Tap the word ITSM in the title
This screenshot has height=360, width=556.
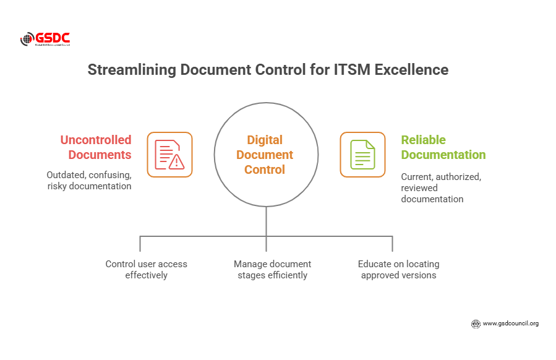(x=341, y=70)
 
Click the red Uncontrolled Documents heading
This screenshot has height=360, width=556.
(x=96, y=147)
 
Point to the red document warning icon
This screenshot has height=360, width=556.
(x=169, y=155)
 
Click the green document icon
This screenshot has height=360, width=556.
(x=362, y=155)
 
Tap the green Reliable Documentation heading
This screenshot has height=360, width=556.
(x=443, y=147)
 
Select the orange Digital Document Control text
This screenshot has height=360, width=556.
(x=265, y=155)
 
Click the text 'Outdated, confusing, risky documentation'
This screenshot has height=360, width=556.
(x=89, y=180)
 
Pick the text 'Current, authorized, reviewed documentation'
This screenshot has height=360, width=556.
(x=440, y=187)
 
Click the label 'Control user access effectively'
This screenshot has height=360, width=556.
(x=147, y=269)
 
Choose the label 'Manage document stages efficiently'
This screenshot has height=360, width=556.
(x=272, y=269)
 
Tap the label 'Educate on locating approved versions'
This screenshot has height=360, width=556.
(x=398, y=269)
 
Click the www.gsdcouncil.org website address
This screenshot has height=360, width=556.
(x=510, y=323)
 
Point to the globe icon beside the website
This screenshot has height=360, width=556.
(x=476, y=323)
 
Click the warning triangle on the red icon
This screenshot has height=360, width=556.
(x=177, y=161)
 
